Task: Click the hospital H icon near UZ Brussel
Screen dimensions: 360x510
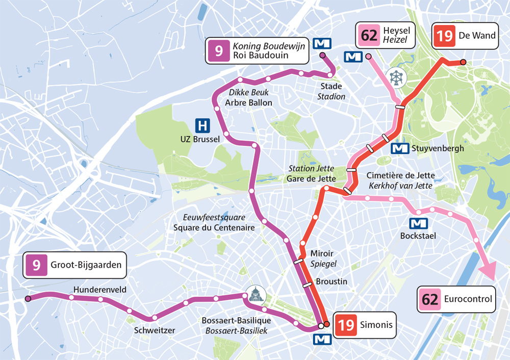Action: tap(203, 124)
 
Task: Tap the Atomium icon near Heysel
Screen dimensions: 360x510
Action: tap(396, 78)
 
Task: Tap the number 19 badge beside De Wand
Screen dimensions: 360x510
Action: tap(444, 36)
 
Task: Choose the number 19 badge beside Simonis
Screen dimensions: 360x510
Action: tap(346, 325)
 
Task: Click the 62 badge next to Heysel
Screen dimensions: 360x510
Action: tap(369, 36)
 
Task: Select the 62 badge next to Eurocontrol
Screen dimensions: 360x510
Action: tap(430, 299)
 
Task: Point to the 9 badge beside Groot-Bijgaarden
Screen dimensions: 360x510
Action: tap(36, 265)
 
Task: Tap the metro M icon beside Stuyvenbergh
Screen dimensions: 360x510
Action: tap(399, 148)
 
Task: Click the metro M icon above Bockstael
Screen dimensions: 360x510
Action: tap(419, 223)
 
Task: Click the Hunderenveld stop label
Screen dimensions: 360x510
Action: tap(100, 290)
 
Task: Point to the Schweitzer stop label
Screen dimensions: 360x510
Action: tap(155, 330)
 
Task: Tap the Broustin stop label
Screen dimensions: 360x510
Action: tap(331, 281)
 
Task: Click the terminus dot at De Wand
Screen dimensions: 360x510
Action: tap(463, 62)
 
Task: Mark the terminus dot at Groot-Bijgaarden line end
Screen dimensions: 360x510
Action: tap(28, 298)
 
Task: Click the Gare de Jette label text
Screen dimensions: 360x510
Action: tap(312, 178)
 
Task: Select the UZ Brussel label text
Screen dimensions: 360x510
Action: tap(199, 139)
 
